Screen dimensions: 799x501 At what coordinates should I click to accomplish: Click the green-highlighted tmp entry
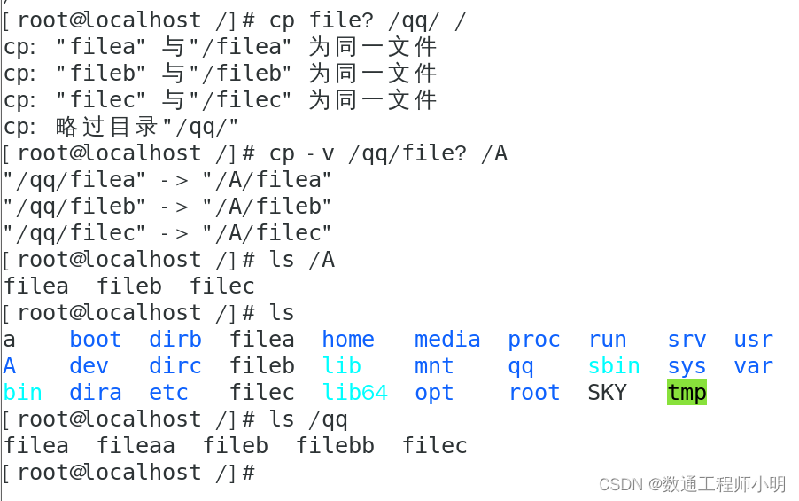click(687, 392)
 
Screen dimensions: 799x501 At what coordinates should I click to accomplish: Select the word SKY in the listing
click(607, 392)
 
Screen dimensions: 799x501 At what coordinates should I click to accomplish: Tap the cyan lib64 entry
click(354, 392)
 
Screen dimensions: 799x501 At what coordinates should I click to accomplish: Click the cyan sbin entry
click(614, 365)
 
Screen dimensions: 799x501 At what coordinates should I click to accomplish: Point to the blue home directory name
click(348, 339)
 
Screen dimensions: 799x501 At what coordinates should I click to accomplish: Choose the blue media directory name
click(447, 339)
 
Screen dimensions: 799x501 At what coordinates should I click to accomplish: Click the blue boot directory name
click(96, 339)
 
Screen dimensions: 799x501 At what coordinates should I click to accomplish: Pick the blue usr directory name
click(753, 339)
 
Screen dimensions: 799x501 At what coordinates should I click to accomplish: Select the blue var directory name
click(753, 365)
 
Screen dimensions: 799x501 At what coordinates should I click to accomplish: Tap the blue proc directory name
click(534, 339)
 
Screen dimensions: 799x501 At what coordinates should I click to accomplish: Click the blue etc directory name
click(168, 392)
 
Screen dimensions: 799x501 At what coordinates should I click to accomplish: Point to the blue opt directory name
click(434, 392)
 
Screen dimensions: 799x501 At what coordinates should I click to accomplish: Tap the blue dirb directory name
click(175, 339)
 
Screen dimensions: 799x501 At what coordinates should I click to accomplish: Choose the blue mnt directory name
click(434, 365)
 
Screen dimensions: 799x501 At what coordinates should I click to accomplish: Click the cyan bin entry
click(23, 392)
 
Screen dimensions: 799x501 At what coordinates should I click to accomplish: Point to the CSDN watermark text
click(692, 483)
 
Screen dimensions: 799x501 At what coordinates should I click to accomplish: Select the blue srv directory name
click(687, 339)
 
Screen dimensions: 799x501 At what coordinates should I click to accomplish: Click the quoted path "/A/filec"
click(267, 232)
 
